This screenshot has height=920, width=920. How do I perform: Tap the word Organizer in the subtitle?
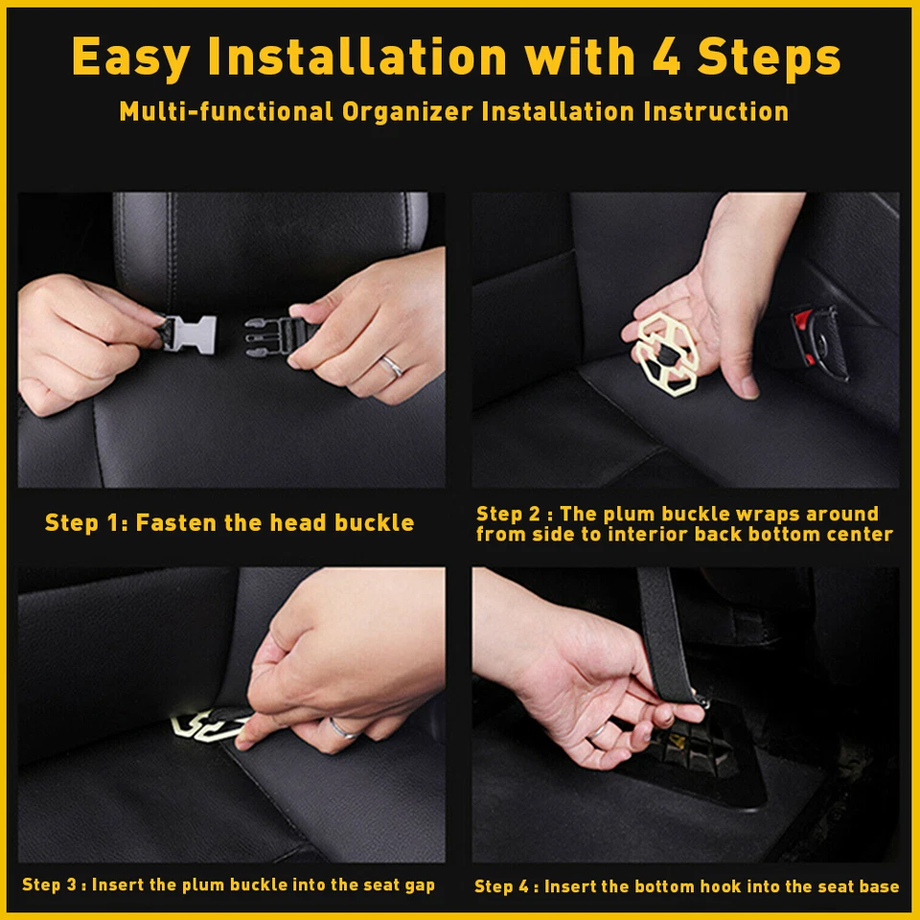click(x=406, y=111)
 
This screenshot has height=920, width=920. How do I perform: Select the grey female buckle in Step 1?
click(x=189, y=333)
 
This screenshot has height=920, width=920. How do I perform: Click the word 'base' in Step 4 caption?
click(x=879, y=886)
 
